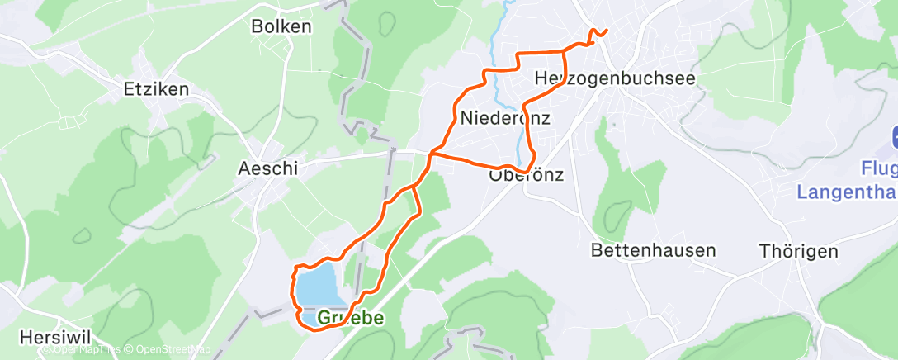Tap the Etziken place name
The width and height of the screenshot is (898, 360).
(156, 89)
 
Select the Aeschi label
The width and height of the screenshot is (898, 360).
(267, 168)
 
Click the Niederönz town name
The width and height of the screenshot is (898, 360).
(504, 118)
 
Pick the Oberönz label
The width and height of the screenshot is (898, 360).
(526, 175)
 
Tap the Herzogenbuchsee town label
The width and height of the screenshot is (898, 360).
(615, 78)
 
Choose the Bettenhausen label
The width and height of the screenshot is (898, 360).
(654, 249)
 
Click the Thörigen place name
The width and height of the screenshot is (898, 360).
(800, 251)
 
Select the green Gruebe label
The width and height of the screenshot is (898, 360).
(351, 318)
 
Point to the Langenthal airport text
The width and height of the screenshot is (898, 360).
(846, 192)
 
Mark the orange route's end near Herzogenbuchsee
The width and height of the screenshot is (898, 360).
(607, 31)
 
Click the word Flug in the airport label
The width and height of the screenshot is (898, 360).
(878, 169)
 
